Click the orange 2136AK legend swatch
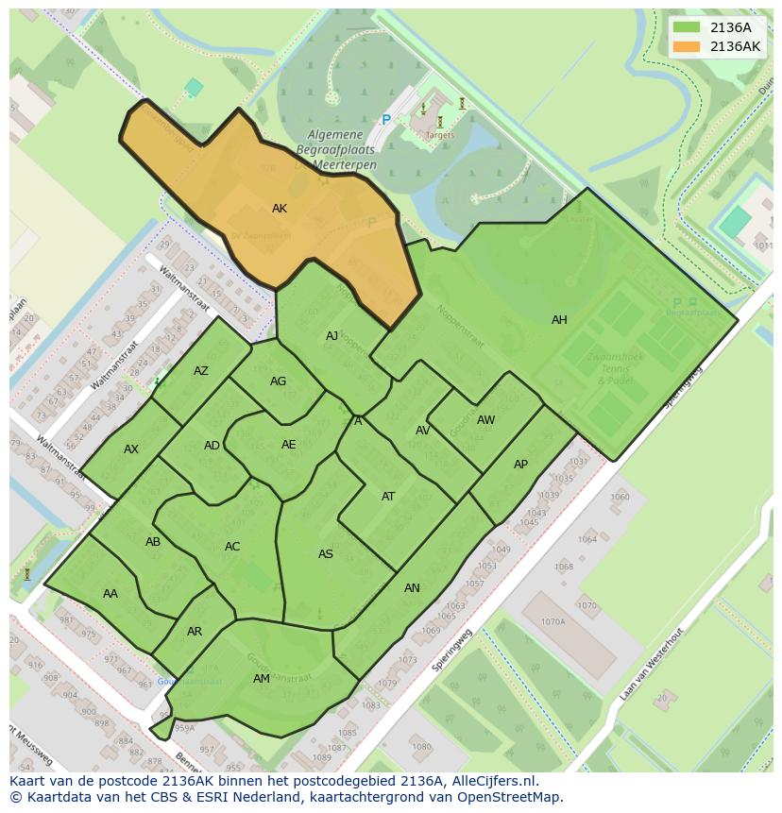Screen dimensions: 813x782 (x=687, y=46)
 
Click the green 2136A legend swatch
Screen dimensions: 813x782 (x=687, y=27)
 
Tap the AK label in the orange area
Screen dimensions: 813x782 (x=280, y=209)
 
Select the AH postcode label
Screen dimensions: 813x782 (x=559, y=320)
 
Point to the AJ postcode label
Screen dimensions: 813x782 (x=331, y=336)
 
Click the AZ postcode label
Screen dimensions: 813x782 (x=201, y=371)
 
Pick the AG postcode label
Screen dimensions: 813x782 (x=278, y=381)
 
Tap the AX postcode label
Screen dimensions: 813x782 (x=131, y=449)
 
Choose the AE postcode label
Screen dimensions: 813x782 (x=289, y=445)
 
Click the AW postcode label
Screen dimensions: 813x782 (x=485, y=420)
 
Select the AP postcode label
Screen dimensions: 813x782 (x=520, y=465)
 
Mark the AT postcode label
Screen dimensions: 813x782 (x=388, y=497)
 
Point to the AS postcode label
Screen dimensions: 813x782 (x=326, y=554)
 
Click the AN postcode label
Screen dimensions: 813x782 (x=412, y=588)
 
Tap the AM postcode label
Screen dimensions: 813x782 (x=262, y=679)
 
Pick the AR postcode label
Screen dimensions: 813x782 (x=195, y=632)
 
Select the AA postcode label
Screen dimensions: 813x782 (x=110, y=594)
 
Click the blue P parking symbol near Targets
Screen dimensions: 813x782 (x=385, y=120)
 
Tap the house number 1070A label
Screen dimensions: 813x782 (x=552, y=622)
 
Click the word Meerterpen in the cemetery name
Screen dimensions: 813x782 (x=347, y=165)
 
